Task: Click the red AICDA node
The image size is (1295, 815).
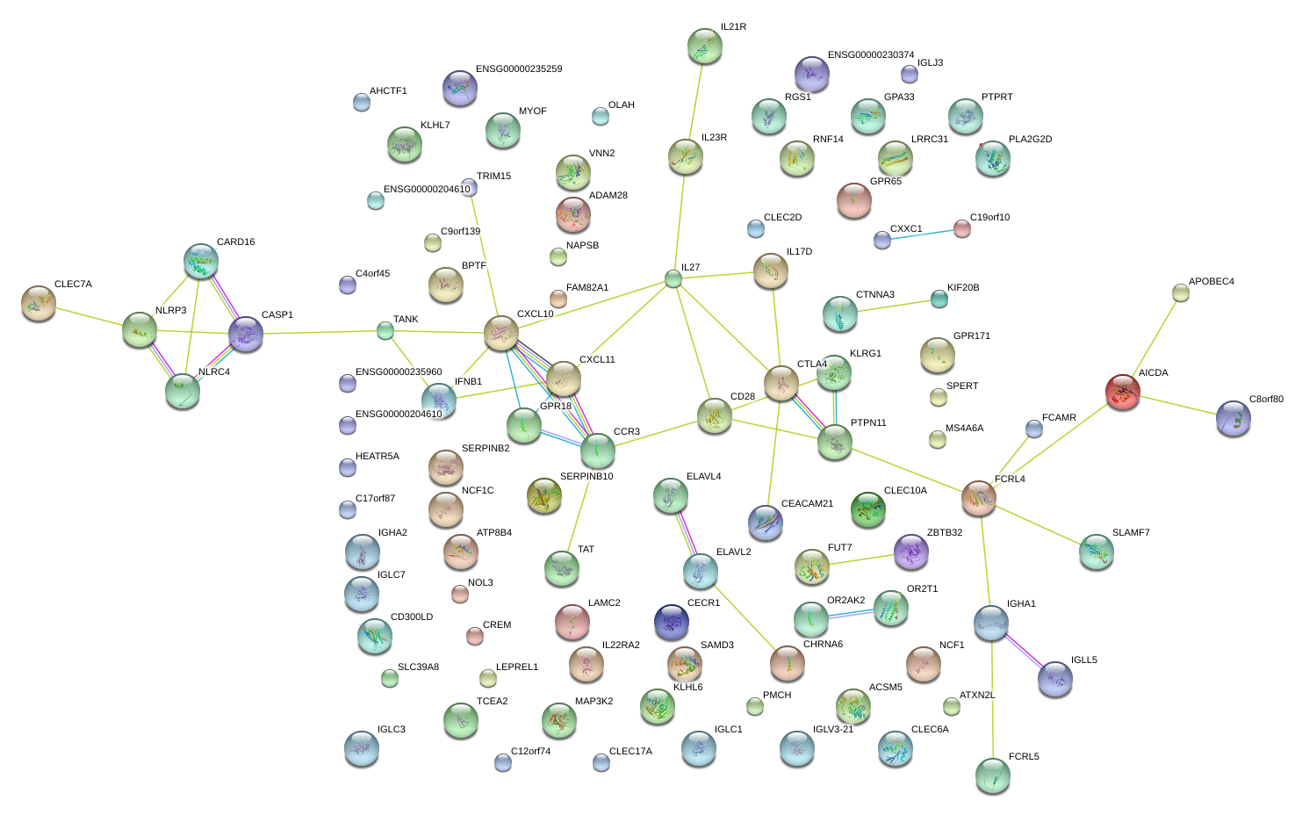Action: pyautogui.click(x=1123, y=392)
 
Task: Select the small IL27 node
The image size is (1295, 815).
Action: pyautogui.click(x=673, y=279)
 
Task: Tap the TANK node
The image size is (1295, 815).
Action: pyautogui.click(x=385, y=330)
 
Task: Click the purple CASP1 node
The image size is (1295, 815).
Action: pyautogui.click(x=246, y=335)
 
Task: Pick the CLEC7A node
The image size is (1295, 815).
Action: pyautogui.click(x=38, y=303)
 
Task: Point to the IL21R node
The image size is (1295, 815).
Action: pyautogui.click(x=704, y=47)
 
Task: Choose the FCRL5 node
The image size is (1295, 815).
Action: pyautogui.click(x=992, y=775)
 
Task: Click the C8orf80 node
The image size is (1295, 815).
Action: pyautogui.click(x=1234, y=419)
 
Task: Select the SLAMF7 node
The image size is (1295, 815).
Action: pyautogui.click(x=1096, y=551)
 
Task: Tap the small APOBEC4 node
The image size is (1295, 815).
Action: pyautogui.click(x=1181, y=292)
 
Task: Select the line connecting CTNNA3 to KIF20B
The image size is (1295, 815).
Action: pyautogui.click(x=890, y=307)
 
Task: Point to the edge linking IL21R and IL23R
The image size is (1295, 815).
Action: pyautogui.click(x=694, y=102)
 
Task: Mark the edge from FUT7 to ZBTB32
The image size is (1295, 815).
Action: pyautogui.click(x=861, y=559)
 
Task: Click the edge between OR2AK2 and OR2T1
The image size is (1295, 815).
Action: pyautogui.click(x=851, y=615)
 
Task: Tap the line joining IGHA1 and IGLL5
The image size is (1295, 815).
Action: pyautogui.click(x=1023, y=651)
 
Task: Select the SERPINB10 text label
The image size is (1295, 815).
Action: pyautogui.click(x=586, y=477)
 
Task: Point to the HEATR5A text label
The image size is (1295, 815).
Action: pyautogui.click(x=378, y=457)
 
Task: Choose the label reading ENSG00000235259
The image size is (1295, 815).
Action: pyautogui.click(x=519, y=69)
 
